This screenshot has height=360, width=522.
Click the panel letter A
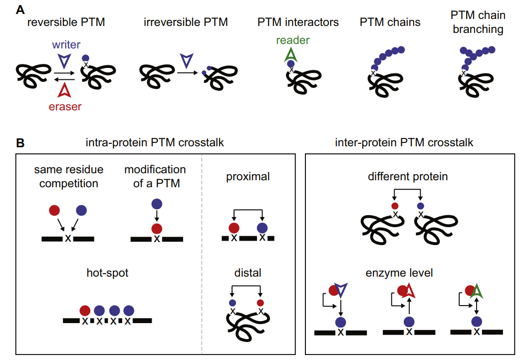20,8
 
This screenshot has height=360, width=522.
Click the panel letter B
20,143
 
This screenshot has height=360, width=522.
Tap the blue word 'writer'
66,45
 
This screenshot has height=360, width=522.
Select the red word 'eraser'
65,106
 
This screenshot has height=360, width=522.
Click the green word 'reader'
293,40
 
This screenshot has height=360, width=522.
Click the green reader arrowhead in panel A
290,54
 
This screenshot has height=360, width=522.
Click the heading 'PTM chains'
390,22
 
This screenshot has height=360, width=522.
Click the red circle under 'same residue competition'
55,211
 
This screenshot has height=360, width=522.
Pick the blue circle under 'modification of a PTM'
157,204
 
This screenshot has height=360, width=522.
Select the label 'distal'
248,273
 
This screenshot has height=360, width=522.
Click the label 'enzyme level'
407,273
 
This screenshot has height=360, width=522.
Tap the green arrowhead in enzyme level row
477,291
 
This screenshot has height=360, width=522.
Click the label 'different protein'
407,177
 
